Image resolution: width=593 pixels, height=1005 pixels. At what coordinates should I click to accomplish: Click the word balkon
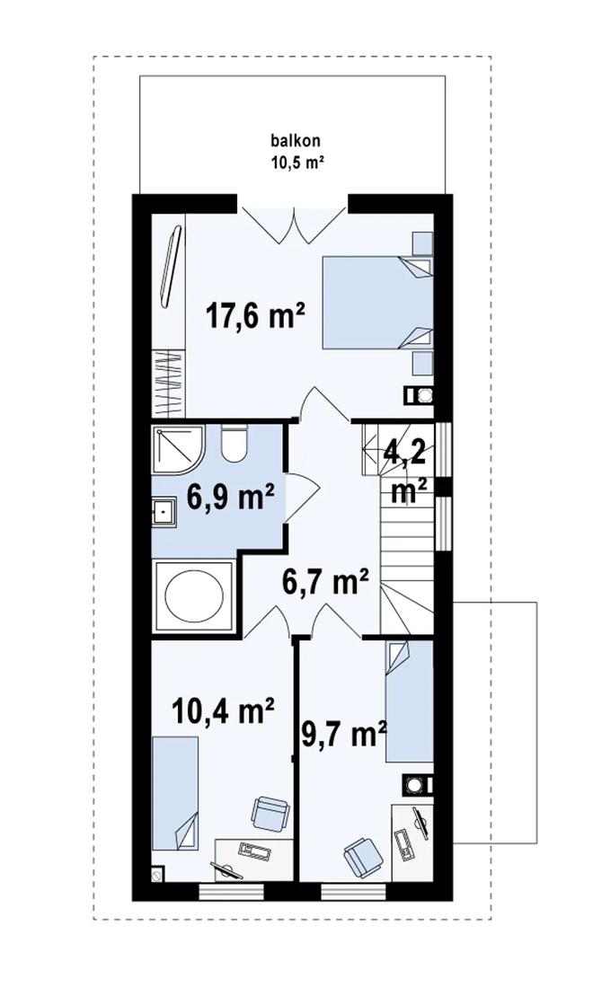coord(296,141)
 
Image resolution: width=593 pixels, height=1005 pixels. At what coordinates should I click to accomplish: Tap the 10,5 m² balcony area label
coord(296,163)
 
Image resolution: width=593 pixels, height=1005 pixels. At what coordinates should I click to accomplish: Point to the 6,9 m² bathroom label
coord(229,497)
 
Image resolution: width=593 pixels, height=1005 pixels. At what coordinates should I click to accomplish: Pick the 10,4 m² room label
coord(223,712)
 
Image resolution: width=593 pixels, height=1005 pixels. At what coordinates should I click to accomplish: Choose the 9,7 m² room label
coord(342,735)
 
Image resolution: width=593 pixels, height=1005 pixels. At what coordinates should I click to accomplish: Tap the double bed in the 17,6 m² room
coord(376,301)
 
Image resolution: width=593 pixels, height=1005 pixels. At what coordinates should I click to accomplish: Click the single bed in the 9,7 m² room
coord(409,701)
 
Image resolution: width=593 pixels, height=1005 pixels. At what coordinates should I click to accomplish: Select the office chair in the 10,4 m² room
coord(268,813)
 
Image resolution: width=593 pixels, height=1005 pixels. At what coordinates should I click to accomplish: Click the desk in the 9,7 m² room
coord(412,836)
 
